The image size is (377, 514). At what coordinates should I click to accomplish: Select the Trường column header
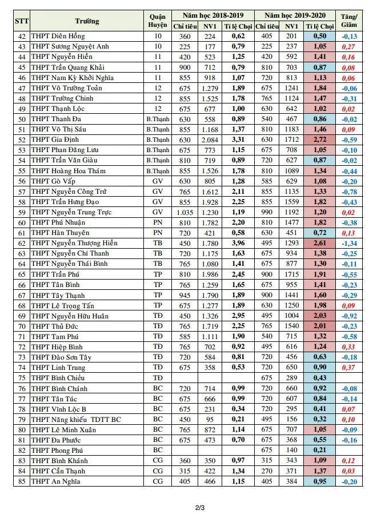pos(86,21)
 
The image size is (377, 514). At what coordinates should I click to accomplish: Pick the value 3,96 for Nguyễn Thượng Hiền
pos(238,244)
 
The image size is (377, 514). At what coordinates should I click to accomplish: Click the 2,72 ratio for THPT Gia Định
pos(320,140)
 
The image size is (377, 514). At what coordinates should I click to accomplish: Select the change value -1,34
pos(348,244)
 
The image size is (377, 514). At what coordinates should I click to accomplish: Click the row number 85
pos(22,482)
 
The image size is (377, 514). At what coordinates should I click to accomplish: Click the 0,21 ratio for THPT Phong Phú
pos(320,451)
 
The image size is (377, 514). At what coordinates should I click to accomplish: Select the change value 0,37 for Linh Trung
pos(348,368)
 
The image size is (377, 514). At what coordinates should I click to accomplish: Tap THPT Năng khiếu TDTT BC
pos(76,420)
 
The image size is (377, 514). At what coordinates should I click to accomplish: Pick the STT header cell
pos(22,21)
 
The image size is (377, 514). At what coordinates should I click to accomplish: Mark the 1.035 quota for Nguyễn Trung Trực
pos(183,212)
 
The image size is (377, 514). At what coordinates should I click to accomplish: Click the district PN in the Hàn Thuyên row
pos(157,233)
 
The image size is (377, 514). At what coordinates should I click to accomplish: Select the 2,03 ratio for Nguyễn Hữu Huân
pos(320,316)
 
